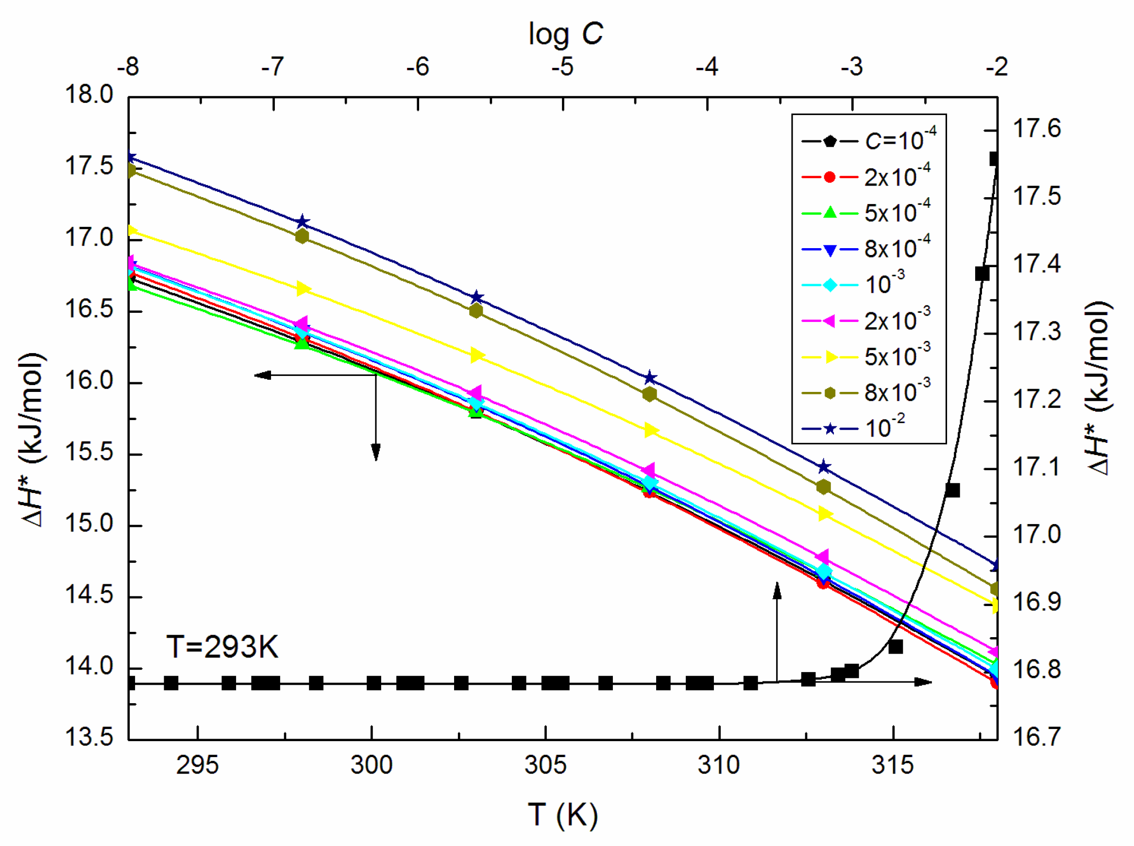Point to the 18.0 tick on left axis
point(88,95)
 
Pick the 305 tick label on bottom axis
point(545,765)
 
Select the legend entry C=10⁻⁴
point(869,141)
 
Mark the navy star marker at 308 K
point(650,378)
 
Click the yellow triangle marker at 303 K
point(476,355)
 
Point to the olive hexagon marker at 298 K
point(302,236)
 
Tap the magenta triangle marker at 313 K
point(822,557)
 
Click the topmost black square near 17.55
point(993,159)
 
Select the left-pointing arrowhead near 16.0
point(262,375)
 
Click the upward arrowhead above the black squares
point(777,590)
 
